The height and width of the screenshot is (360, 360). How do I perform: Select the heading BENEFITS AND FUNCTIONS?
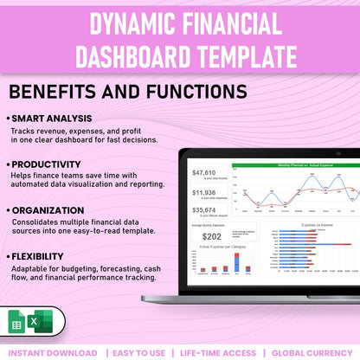(127, 91)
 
